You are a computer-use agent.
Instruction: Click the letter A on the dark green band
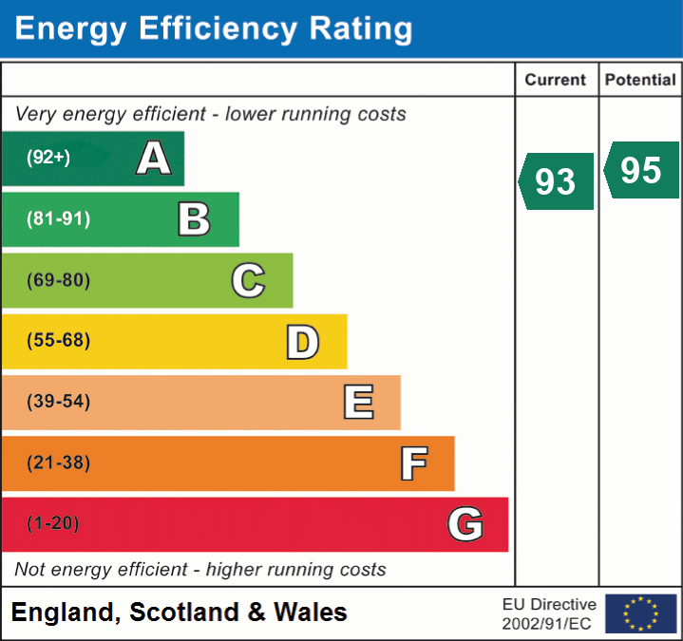(154, 159)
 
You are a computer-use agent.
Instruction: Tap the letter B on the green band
(194, 219)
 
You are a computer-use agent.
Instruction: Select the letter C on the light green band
(248, 280)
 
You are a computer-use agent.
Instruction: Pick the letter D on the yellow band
(302, 341)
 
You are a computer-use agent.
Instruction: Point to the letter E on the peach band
(358, 402)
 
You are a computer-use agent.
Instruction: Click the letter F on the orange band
(413, 463)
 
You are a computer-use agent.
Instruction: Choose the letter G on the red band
(465, 524)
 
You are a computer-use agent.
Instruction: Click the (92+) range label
(48, 159)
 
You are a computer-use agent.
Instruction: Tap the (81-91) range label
(58, 219)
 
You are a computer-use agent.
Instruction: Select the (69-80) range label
(58, 280)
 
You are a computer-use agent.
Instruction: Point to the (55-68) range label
(58, 341)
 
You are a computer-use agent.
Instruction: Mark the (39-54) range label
(58, 402)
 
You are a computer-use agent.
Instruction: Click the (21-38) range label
(58, 463)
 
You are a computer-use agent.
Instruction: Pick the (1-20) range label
(53, 524)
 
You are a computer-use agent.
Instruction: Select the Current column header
(557, 81)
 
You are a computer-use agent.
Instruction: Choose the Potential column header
(641, 81)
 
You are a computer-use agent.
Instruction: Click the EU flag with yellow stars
(641, 613)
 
